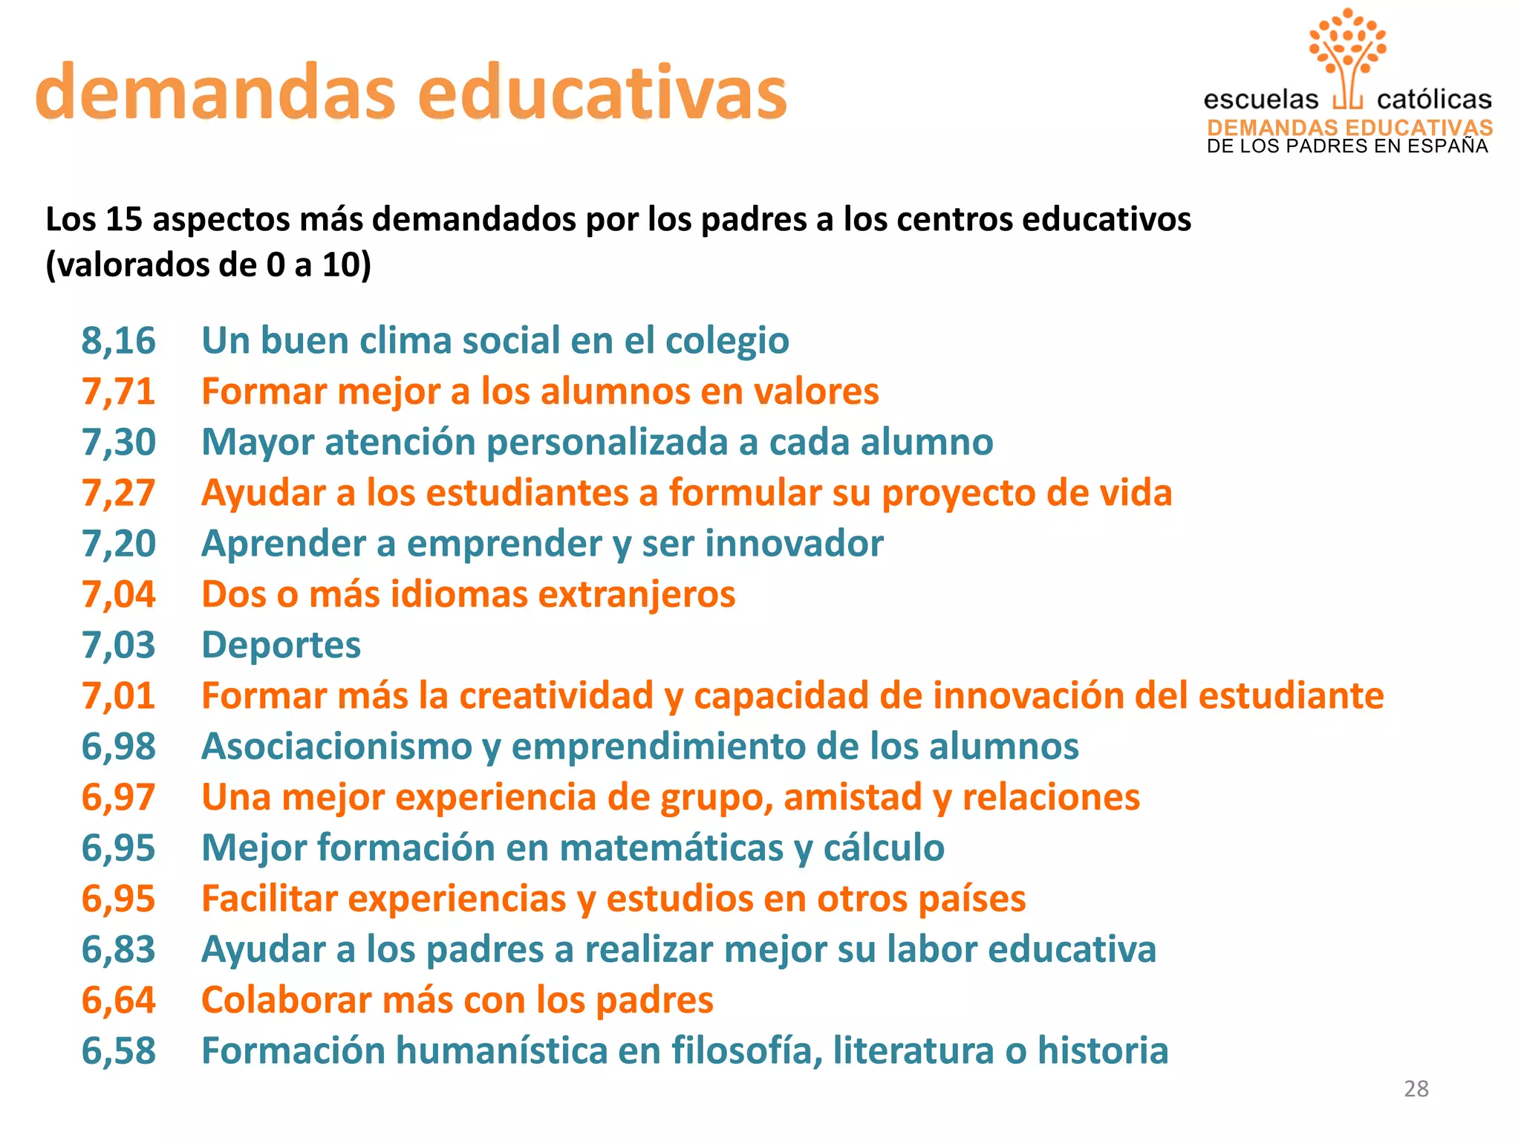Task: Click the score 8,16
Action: pos(118,341)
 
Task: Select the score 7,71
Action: pos(118,391)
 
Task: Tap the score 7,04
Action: pos(118,594)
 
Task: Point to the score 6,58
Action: pos(118,1051)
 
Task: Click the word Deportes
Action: pos(281,645)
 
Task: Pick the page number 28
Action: pos(1416,1088)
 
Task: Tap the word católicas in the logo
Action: pos(1433,100)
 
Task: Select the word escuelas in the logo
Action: pos(1260,100)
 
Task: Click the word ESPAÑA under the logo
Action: pos(1451,146)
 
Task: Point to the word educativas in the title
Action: pos(602,93)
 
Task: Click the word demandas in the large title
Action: pos(215,93)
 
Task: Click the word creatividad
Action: pos(556,696)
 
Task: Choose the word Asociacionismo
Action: pos(336,747)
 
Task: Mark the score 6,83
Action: pos(118,949)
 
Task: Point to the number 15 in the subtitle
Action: pos(124,220)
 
